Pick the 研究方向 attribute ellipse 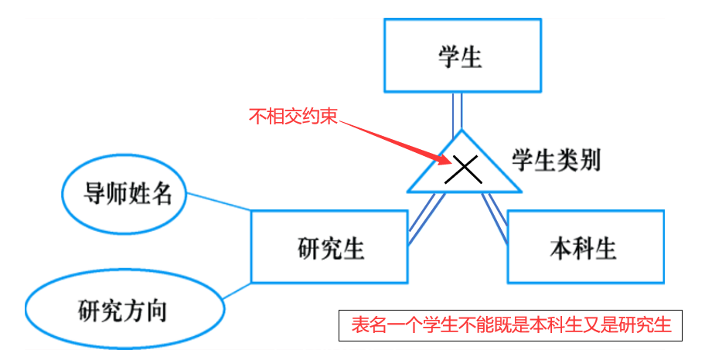coord(124,310)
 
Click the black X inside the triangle coord(465,168)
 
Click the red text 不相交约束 coord(293,117)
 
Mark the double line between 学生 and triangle coord(458,112)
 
